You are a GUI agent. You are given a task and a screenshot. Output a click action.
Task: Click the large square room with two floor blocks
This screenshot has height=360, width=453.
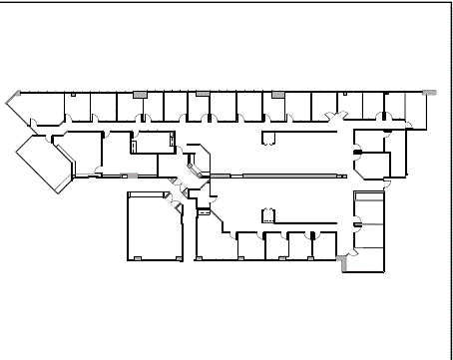point(154,226)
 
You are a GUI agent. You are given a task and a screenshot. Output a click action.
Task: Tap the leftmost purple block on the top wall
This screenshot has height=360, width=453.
point(140,94)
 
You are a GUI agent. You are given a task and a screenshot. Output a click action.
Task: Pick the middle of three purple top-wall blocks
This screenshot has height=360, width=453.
point(203,94)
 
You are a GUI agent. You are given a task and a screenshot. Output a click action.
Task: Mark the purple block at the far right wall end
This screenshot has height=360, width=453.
point(429,92)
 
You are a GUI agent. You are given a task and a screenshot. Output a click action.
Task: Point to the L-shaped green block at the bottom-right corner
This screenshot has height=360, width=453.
point(345,263)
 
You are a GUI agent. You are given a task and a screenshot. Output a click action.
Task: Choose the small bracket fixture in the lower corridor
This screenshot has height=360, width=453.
point(266,214)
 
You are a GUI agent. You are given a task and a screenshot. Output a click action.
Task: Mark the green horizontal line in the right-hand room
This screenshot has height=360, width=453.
point(370,225)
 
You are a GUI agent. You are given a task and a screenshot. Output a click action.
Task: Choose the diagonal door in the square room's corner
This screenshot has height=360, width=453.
point(176,204)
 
